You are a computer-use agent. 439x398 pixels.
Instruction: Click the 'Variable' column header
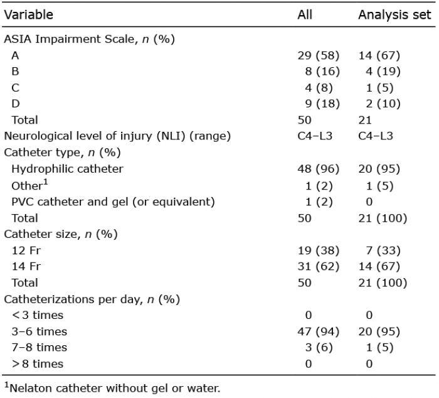click(29, 15)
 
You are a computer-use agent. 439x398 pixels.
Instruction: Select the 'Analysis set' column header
click(394, 15)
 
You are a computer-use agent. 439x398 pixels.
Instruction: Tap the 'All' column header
click(305, 15)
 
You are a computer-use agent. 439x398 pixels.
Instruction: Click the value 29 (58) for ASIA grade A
click(319, 55)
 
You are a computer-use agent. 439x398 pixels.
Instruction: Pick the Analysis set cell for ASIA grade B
click(383, 72)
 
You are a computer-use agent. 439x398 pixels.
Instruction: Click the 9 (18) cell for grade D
click(322, 104)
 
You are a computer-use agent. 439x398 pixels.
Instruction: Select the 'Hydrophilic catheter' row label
click(67, 169)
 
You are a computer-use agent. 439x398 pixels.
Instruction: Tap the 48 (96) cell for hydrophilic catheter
click(319, 169)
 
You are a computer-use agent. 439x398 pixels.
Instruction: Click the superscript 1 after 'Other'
click(46, 183)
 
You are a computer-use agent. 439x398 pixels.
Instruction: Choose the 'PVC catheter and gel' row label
click(113, 202)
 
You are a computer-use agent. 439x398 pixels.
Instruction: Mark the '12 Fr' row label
click(26, 250)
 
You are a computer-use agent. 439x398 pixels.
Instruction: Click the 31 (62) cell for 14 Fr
click(319, 267)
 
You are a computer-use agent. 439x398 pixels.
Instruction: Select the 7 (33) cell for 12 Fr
click(383, 250)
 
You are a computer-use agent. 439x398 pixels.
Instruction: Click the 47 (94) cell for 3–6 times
click(319, 332)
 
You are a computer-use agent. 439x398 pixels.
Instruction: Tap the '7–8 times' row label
click(39, 348)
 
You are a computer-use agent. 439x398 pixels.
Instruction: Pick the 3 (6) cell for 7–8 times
click(319, 348)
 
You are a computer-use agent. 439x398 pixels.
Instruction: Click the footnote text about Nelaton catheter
click(112, 388)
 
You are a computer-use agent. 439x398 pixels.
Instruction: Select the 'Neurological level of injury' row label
click(117, 136)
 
